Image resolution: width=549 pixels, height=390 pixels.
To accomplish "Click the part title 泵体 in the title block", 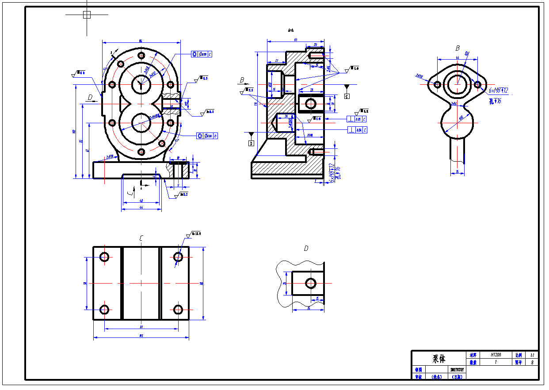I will tap(438, 359).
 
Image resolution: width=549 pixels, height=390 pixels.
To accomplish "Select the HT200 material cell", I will tap(496, 355).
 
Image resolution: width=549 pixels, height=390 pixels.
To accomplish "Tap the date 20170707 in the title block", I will tap(457, 369).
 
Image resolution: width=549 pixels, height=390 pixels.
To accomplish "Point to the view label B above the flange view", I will tap(457, 48).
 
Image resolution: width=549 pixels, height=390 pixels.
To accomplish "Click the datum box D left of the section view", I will tap(251, 143).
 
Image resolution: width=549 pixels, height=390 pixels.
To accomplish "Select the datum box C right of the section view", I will tap(347, 96).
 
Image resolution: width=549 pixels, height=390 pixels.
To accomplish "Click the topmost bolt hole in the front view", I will tap(141, 56).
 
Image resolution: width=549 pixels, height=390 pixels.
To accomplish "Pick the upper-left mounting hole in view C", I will tap(105, 257).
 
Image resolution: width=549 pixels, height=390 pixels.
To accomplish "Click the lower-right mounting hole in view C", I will tap(178, 309).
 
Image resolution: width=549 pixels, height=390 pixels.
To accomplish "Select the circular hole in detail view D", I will tap(310, 283).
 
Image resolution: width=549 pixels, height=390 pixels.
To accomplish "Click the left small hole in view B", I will tap(437, 84).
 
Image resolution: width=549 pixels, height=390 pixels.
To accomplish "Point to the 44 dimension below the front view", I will tap(141, 207).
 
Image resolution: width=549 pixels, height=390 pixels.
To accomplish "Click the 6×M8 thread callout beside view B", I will tap(498, 91).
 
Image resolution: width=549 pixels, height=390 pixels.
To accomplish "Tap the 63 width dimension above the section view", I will tap(295, 40).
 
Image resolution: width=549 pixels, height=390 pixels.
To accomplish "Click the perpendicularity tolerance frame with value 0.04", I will tap(357, 130).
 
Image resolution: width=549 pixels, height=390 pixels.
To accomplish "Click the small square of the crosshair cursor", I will tap(87, 15).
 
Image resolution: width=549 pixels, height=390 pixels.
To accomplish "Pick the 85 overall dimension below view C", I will tap(141, 336).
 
